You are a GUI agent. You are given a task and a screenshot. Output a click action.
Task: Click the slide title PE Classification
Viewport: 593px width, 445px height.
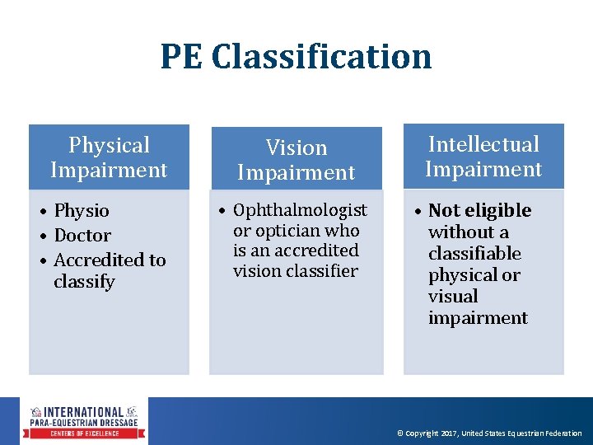[x=296, y=56]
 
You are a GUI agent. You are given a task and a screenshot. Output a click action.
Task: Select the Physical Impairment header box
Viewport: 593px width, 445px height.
[x=109, y=157]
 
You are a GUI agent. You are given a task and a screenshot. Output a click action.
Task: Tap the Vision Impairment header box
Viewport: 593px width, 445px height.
[x=296, y=160]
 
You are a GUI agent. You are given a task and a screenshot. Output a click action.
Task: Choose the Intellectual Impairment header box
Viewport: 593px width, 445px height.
[x=483, y=157]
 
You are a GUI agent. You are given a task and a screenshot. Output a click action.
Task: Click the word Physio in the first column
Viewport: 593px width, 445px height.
[x=82, y=211]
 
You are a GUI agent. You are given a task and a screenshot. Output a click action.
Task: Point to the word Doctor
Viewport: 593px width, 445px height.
[x=82, y=236]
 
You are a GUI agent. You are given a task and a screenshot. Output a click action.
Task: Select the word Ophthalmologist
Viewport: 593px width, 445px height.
[x=300, y=210]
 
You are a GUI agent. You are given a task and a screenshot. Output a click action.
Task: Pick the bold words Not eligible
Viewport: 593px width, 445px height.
[x=480, y=210]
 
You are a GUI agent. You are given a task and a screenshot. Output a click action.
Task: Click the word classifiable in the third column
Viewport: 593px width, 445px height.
[x=474, y=253]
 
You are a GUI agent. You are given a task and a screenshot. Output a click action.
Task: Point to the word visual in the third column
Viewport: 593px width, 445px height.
[x=453, y=296]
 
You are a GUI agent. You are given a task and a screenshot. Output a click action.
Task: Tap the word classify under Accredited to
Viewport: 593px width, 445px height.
[x=85, y=282]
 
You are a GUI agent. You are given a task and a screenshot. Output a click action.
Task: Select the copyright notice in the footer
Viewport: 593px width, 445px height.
[x=489, y=433]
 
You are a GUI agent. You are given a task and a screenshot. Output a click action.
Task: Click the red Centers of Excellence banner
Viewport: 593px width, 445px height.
[x=86, y=433]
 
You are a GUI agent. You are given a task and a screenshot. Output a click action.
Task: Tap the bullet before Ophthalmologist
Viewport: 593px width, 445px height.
[x=222, y=211]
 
